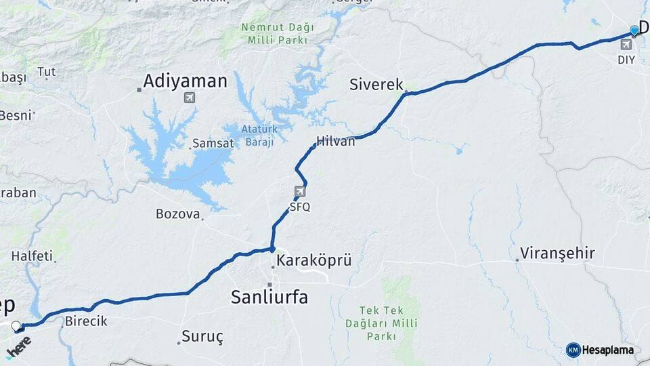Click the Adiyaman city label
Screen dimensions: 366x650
[x=184, y=82]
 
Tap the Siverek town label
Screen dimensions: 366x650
[x=376, y=85]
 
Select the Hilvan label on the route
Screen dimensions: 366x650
[x=335, y=142]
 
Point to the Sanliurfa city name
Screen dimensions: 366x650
[x=269, y=297]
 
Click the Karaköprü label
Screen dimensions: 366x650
[x=314, y=260]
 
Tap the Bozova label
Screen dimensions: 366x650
[x=178, y=214]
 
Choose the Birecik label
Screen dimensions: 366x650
[x=86, y=321]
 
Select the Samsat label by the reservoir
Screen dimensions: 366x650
[x=213, y=144]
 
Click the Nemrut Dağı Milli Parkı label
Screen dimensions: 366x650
[x=278, y=34]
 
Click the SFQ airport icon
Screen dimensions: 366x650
[x=300, y=192]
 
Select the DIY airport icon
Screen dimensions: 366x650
[x=626, y=45]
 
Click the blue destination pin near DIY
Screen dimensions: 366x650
[x=634, y=30]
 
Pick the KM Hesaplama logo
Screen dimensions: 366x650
[x=600, y=350]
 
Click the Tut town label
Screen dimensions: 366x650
[x=46, y=72]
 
